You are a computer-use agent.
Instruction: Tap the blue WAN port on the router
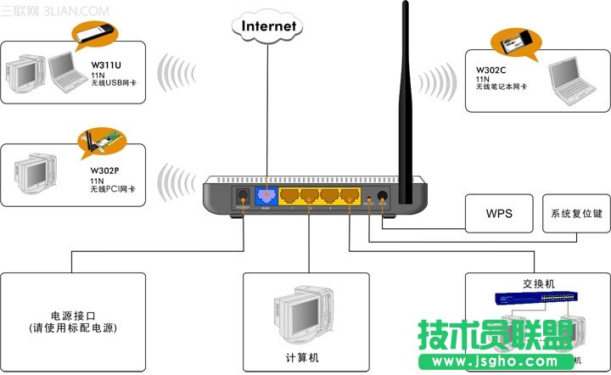266,197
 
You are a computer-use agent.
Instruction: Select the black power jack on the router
242,198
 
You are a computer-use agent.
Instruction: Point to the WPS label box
498,213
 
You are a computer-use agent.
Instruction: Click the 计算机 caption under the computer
302,357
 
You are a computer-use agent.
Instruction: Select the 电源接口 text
72,315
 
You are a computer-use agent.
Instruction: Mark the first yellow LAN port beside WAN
290,197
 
